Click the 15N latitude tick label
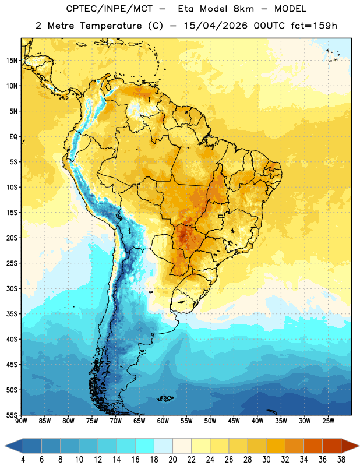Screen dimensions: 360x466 (12, 61)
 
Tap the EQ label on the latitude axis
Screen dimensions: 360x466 (13, 137)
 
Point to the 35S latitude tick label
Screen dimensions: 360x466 (12, 314)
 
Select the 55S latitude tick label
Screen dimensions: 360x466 (12, 415)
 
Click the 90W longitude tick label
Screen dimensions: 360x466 (21, 421)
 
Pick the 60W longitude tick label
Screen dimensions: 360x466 (163, 421)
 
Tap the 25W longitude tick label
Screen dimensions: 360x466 (328, 421)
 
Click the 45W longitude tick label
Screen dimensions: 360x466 (234, 421)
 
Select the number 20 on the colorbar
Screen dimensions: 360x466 (172, 460)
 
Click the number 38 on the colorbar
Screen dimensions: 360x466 (341, 460)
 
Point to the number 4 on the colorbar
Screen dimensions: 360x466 (23, 460)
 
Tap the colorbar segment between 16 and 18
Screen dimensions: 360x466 (145, 446)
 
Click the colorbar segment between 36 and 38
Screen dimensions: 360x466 (332, 446)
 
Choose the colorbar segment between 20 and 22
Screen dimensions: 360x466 (182, 446)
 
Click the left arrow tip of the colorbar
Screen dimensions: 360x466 (5, 446)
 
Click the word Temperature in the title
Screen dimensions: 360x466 (111, 26)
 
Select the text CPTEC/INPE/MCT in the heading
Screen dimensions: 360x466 (109, 9)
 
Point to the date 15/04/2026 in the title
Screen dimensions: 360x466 (216, 26)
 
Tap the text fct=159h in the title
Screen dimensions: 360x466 (314, 26)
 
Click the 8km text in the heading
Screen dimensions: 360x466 (243, 9)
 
